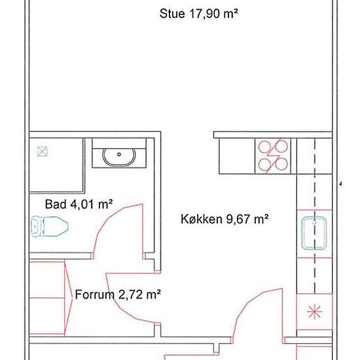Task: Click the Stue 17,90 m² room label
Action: click(198, 14)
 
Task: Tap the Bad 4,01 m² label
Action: click(79, 204)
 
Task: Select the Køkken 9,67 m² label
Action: click(225, 219)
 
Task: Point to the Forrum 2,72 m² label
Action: click(118, 295)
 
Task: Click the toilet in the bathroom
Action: click(49, 226)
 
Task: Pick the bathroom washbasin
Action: click(119, 157)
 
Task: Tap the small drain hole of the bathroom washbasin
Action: click(119, 154)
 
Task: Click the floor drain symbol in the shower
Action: click(43, 152)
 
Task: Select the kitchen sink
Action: click(314, 233)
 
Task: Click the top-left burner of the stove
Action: click(264, 147)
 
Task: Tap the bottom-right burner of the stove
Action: click(281, 164)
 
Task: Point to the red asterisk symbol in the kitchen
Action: click(315, 312)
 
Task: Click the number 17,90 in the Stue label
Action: click(204, 14)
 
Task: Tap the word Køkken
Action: click(202, 219)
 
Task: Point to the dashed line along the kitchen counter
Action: click(315, 216)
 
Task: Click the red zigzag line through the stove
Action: click(273, 156)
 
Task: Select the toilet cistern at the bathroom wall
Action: click(35, 226)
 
